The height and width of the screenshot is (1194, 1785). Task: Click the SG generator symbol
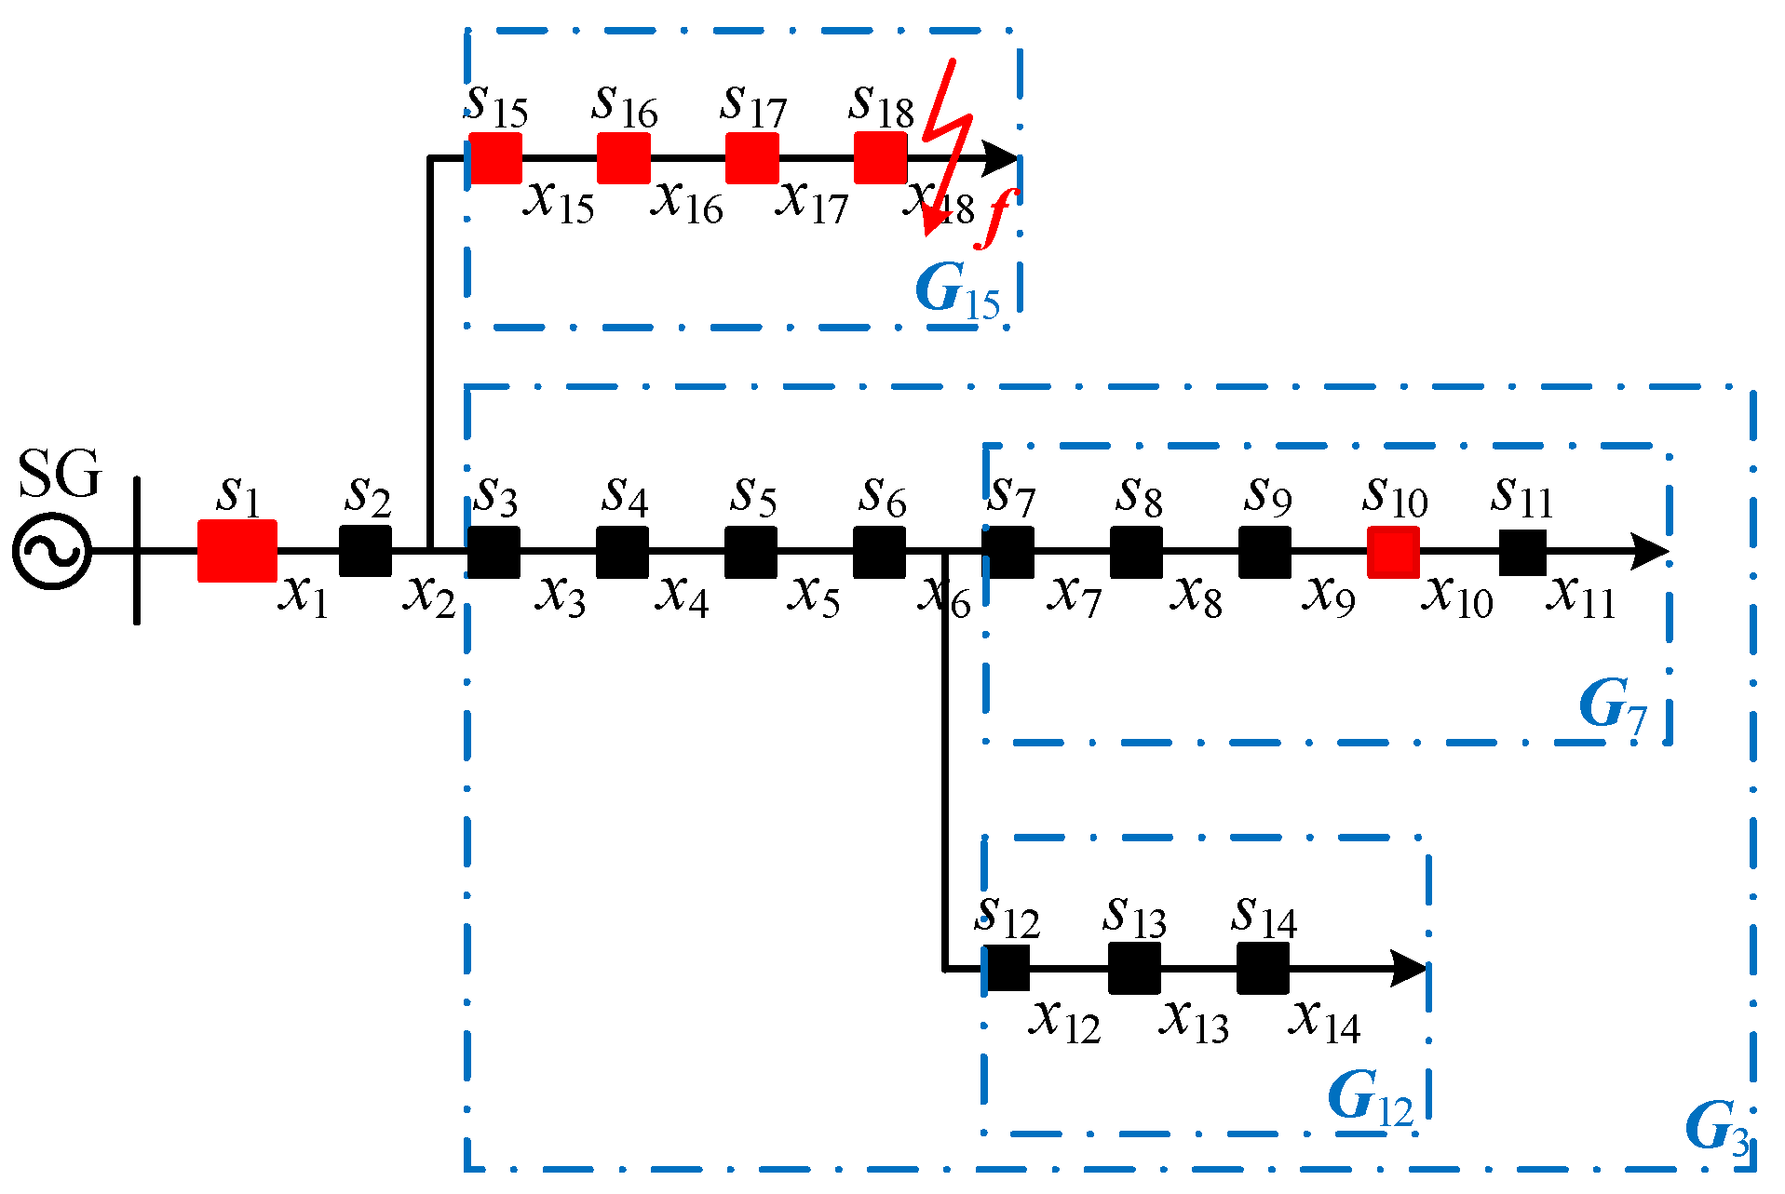pos(52,550)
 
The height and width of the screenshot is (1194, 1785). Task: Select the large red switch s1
pos(237,550)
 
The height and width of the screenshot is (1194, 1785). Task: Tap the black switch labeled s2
pos(365,550)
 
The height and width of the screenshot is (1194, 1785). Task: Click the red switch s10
pos(1393,552)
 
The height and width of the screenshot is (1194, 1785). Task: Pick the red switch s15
pos(494,157)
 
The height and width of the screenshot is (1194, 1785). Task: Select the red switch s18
pos(880,157)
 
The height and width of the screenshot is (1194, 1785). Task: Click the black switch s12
pos(1007,968)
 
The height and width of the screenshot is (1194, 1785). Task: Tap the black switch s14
pos(1263,968)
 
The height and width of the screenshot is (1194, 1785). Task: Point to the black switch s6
pos(879,552)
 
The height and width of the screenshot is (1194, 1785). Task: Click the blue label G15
pos(956,291)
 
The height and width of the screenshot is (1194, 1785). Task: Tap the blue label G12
pos(1369,1099)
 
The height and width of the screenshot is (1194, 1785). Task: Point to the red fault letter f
pos(996,218)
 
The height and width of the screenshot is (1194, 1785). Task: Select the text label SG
pos(59,475)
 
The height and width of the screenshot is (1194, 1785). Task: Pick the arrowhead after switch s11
pos(1648,551)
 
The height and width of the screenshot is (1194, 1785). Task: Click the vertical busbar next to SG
pos(137,550)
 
